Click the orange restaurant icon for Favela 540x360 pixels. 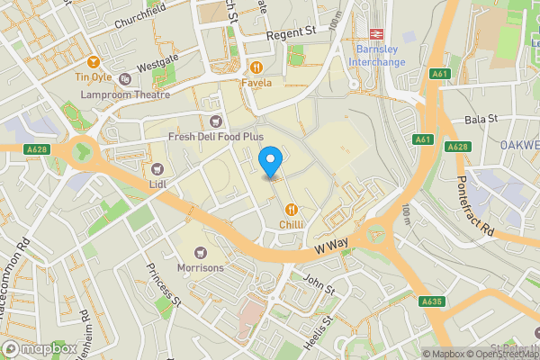coord(256,67)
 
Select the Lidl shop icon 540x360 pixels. coord(157,167)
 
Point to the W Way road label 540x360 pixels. coord(331,243)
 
